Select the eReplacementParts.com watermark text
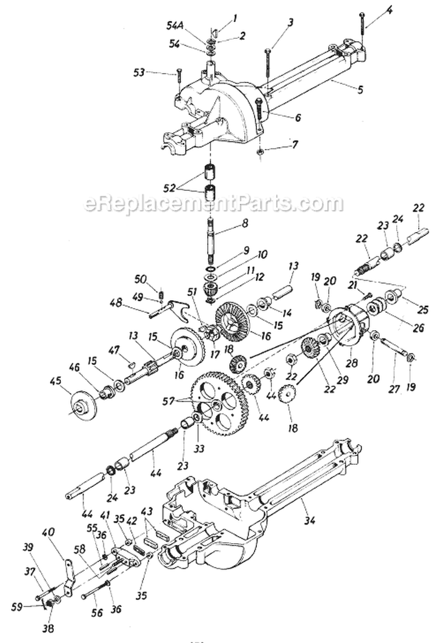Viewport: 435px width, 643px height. [214, 204]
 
